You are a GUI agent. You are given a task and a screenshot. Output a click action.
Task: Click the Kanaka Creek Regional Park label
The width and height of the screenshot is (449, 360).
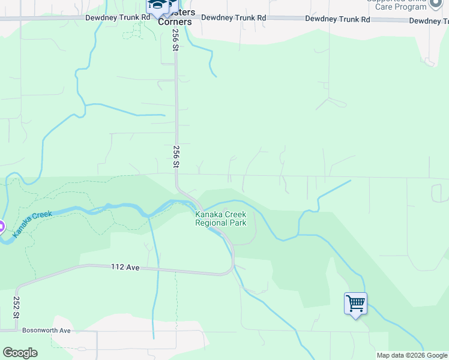(220, 218)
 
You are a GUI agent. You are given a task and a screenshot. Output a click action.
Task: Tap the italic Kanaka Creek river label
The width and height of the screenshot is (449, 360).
(34, 223)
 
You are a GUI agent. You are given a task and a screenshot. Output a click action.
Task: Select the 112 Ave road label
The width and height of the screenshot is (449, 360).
(125, 267)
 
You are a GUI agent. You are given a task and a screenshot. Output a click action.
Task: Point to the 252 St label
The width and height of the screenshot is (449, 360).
(17, 306)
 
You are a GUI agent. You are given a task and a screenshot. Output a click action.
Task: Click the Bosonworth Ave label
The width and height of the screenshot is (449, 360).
(46, 330)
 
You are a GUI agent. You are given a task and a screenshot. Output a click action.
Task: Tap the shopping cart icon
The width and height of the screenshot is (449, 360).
(355, 304)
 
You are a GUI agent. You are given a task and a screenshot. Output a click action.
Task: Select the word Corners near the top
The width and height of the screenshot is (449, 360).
(175, 22)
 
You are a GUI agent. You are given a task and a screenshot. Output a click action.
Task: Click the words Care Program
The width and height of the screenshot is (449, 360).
(401, 7)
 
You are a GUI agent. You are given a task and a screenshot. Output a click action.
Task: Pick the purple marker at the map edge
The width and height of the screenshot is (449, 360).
(1, 227)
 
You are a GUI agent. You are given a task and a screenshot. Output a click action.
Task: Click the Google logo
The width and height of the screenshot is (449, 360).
(20, 353)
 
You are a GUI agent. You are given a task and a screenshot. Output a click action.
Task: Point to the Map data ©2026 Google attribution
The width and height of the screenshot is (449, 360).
(412, 355)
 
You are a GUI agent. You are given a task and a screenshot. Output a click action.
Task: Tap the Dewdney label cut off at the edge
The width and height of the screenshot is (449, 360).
(429, 21)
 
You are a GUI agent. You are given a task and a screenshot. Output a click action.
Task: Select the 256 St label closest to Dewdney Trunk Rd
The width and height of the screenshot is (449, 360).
(176, 41)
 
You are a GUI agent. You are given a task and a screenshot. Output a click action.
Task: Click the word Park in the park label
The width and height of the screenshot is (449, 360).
(238, 223)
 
